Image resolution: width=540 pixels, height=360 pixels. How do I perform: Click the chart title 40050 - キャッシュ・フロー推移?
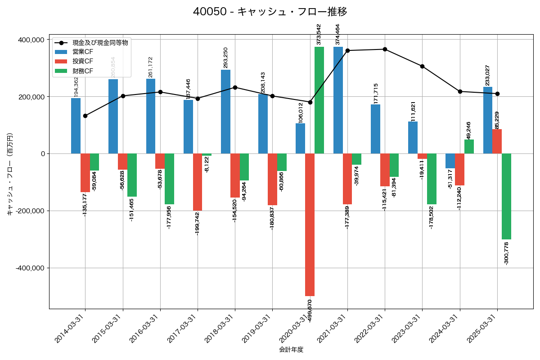point(270,12)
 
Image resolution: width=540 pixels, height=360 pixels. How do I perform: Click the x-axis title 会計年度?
point(291,350)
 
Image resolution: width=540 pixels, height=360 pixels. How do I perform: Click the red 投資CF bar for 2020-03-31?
point(310,225)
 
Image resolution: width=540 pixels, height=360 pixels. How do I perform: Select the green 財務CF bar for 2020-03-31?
point(319,100)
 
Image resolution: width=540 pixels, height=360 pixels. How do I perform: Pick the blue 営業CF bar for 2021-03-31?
point(338,100)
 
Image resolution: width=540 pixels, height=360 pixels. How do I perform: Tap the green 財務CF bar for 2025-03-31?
point(506,196)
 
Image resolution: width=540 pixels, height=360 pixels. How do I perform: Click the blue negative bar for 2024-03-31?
point(450,161)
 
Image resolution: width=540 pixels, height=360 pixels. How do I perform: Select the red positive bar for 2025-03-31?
point(497,141)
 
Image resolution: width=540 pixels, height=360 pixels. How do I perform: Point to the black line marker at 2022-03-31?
point(385,49)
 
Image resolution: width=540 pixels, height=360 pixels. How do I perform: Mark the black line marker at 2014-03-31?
point(85,116)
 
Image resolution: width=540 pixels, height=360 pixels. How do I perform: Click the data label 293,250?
point(225,58)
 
